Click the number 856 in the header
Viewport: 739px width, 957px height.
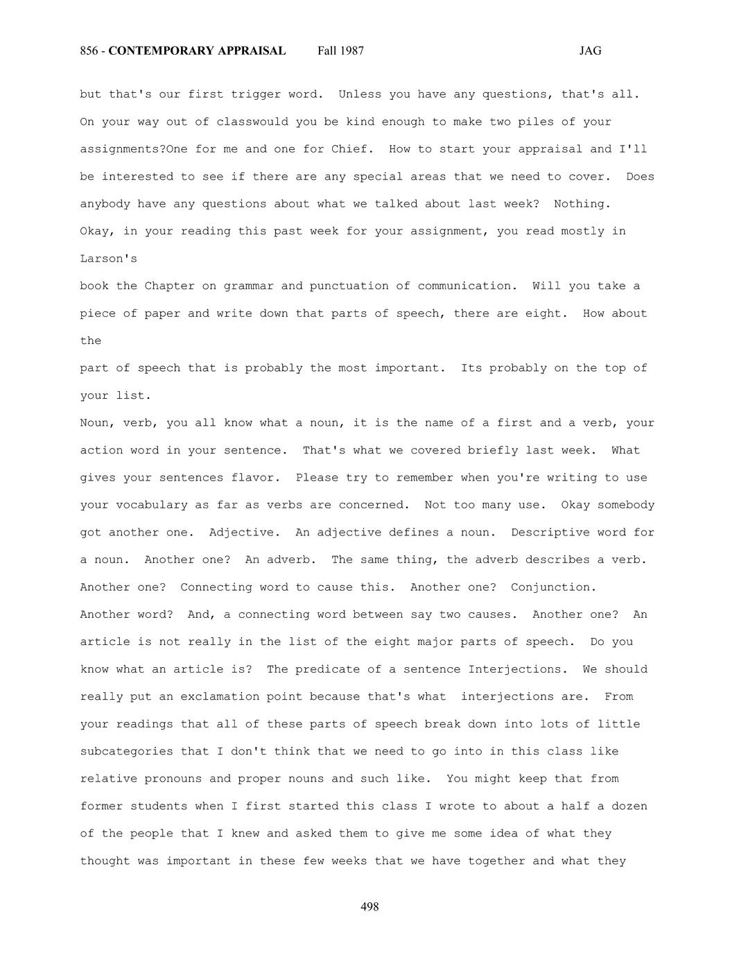tap(89, 51)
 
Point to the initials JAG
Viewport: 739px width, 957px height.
tap(590, 51)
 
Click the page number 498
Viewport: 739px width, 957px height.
tap(369, 906)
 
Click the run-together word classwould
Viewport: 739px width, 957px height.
tap(252, 122)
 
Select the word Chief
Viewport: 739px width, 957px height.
tap(353, 149)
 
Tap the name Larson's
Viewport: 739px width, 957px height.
tap(109, 259)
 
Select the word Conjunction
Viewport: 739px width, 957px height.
tap(553, 587)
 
